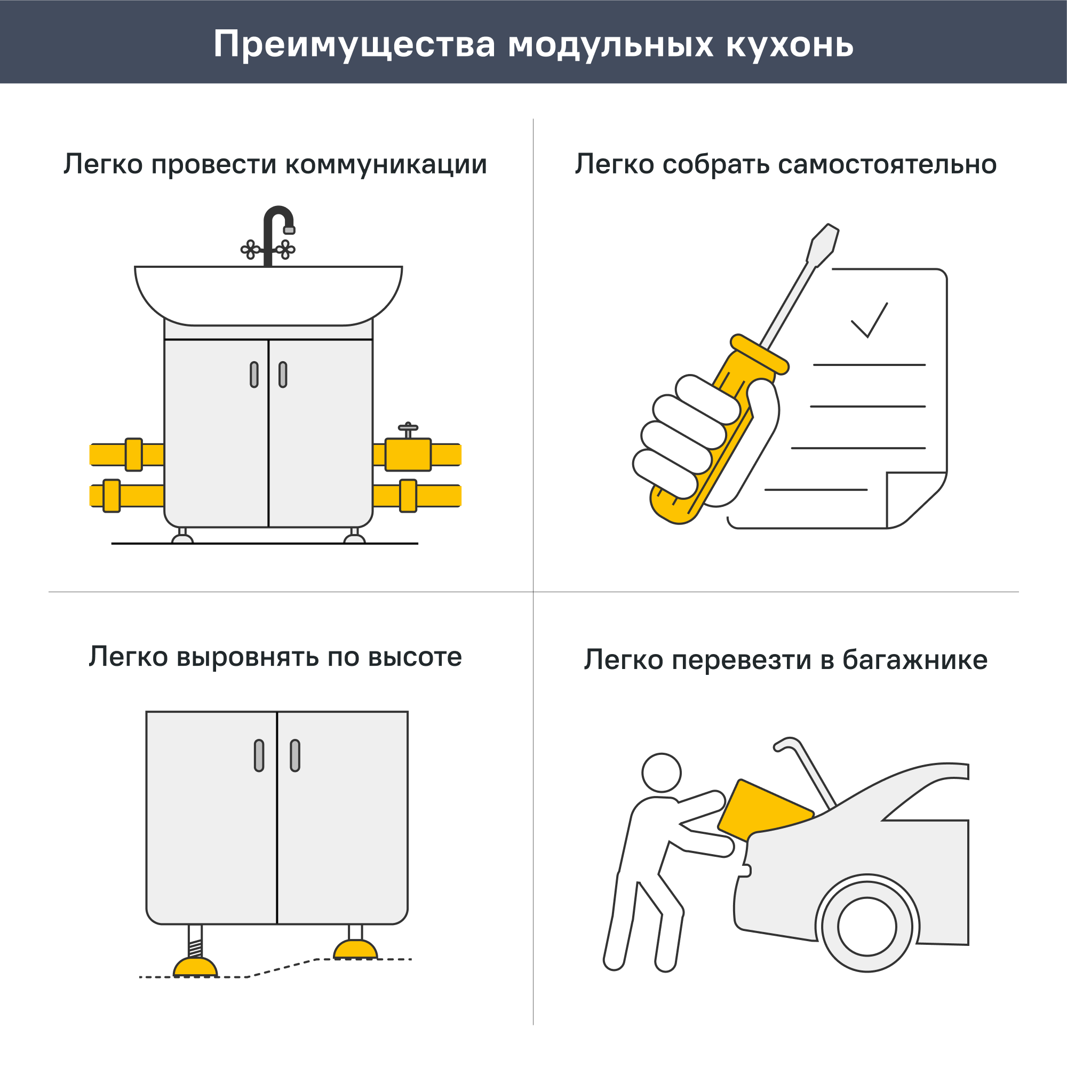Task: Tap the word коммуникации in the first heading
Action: coord(386,164)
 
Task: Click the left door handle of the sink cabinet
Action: coord(254,375)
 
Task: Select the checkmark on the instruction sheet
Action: coord(869,321)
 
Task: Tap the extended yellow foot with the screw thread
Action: coord(195,967)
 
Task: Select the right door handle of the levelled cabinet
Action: coord(295,755)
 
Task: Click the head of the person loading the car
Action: coord(661,773)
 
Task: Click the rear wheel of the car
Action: coord(866,927)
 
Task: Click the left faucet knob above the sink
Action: coord(250,250)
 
